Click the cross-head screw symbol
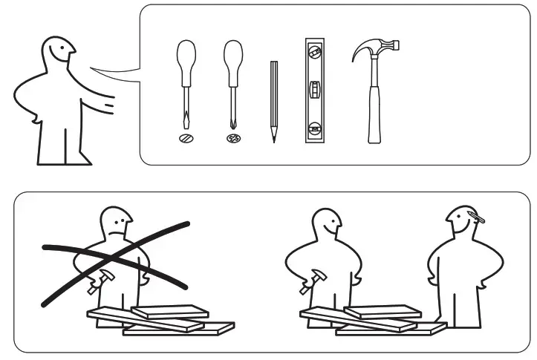(233, 138)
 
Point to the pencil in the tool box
(273, 100)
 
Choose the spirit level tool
(316, 90)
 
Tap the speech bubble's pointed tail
(111, 71)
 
